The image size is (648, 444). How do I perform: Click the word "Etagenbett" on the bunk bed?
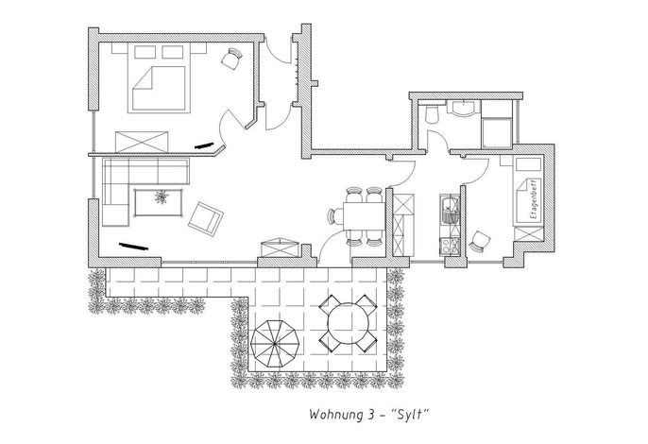[x=534, y=200]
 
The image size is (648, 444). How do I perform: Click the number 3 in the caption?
[x=370, y=414]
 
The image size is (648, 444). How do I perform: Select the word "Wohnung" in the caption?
[x=335, y=415]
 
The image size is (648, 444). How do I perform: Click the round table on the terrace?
[x=348, y=323]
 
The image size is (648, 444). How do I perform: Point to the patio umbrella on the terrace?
[x=274, y=343]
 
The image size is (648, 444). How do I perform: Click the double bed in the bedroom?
[x=159, y=77]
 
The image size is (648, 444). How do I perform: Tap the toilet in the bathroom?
[x=433, y=113]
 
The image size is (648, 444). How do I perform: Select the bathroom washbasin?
[x=464, y=108]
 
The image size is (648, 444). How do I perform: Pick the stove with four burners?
[x=450, y=246]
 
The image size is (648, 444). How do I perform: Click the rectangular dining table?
[x=365, y=215]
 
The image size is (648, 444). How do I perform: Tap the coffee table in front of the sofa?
[x=159, y=202]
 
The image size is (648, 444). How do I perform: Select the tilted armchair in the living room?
[x=206, y=218]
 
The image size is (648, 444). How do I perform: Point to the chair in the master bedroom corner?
[x=232, y=59]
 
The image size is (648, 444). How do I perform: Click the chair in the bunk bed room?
[x=480, y=241]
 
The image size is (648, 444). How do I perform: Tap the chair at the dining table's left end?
[x=335, y=216]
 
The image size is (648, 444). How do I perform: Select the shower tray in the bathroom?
[x=497, y=132]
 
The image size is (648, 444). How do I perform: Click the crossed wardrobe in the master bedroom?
[x=142, y=142]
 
